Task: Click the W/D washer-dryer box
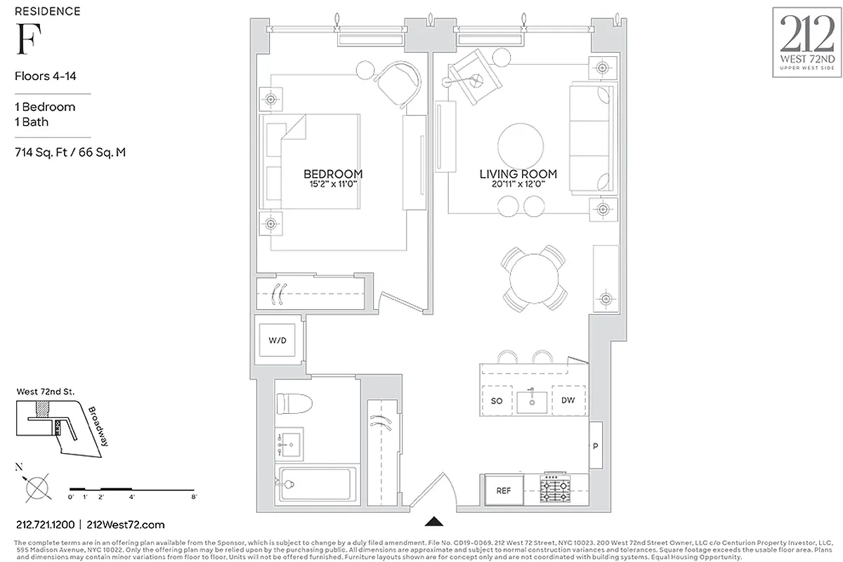click(x=278, y=341)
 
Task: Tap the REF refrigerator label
click(x=504, y=491)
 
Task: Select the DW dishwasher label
click(x=568, y=400)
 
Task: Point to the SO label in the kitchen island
click(x=496, y=400)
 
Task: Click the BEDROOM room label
click(x=333, y=174)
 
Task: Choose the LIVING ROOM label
click(x=518, y=174)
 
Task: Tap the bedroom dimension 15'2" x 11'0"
click(x=333, y=184)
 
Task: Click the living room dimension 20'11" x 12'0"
click(x=518, y=184)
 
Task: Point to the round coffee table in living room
click(x=521, y=145)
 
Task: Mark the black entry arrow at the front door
click(x=436, y=521)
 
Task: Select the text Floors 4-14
click(x=45, y=77)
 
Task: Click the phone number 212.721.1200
click(x=44, y=525)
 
